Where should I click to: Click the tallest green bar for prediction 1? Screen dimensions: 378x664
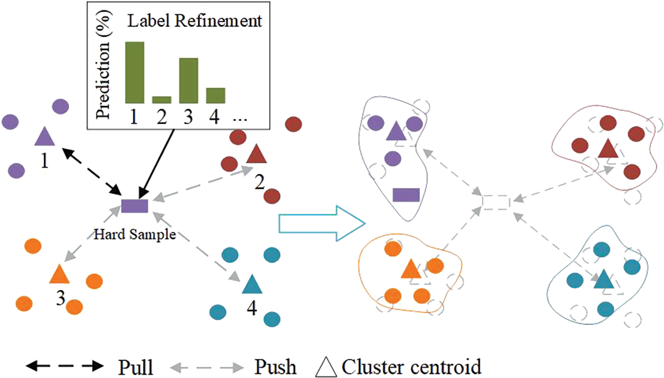coord(135,72)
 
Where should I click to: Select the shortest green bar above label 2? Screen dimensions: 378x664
coord(162,100)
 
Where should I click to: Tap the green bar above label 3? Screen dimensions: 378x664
coord(189,81)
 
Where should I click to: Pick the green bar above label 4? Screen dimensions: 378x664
coord(216,95)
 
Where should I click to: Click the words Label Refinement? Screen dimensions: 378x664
coord(195,21)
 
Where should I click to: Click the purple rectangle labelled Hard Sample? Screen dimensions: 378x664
coord(135,206)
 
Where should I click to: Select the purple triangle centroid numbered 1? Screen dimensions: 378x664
coord(44,137)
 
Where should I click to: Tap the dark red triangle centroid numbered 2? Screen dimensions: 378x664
coord(256,155)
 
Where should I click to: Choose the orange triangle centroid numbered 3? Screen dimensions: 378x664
coord(59,275)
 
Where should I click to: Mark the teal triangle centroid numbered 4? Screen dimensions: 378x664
coord(252,285)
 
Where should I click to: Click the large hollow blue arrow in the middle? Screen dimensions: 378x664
coord(321,223)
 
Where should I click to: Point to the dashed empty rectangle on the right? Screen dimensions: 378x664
coord(496,202)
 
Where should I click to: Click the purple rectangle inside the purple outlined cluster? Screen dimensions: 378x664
coord(406,195)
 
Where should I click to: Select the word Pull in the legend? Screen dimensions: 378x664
coord(135,367)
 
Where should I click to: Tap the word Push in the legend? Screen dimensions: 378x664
coord(275,366)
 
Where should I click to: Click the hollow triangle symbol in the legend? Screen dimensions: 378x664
coord(326,367)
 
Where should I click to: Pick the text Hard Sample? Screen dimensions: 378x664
coord(135,234)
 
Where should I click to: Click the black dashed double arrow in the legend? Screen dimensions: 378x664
coord(65,366)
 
